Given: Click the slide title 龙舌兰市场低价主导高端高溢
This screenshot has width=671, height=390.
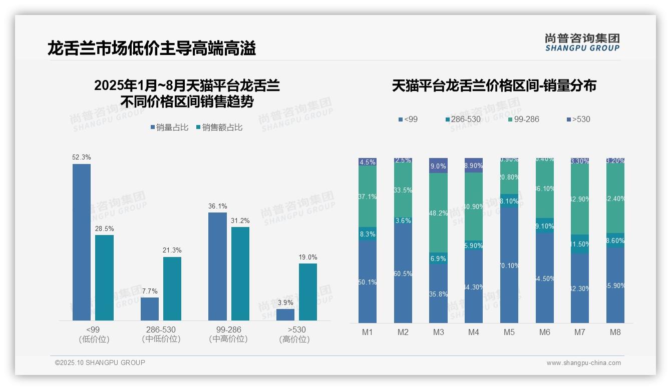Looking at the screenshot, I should pos(152,48).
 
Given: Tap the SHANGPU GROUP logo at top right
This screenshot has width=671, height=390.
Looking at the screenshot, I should pos(582,42).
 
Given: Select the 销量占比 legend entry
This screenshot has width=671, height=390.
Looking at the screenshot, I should pos(169,127).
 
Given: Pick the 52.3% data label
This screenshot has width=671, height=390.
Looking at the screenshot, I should pos(82,157).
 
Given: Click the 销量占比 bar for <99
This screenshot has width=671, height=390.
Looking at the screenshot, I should pos(82,242).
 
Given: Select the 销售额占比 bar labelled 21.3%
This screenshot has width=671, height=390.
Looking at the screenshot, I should pos(172,288).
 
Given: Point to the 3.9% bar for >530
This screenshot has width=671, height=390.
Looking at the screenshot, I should pos(285,314).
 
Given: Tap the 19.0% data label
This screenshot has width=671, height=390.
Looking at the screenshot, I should pos(308,257).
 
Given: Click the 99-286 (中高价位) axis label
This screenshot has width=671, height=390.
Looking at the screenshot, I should pos(228,334).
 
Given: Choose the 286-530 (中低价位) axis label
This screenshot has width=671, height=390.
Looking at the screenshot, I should pos(160,334).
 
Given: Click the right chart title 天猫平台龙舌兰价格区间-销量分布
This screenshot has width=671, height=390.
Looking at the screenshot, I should pos(494,86).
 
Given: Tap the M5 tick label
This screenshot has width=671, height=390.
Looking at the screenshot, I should pos(509,332).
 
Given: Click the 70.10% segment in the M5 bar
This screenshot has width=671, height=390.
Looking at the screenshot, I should pos(509,265).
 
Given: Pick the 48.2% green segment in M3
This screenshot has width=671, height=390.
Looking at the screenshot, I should pos(438,212).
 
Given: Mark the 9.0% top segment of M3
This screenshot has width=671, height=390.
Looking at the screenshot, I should pos(438,165).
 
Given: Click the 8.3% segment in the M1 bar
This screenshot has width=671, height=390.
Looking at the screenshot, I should pos(368,233).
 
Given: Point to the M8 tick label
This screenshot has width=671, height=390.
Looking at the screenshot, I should pos(615,332).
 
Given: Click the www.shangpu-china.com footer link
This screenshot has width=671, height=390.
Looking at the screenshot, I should pos(583,363).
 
